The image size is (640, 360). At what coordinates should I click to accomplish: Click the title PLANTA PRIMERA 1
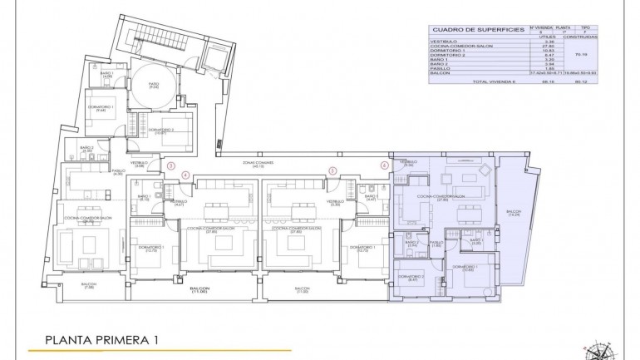tap(100, 339)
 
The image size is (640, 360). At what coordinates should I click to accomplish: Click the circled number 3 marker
tap(170, 165)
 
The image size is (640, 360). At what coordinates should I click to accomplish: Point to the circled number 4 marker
tap(185, 175)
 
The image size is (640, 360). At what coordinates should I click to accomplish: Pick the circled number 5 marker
tap(332, 171)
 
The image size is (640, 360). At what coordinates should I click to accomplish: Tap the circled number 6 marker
tap(384, 165)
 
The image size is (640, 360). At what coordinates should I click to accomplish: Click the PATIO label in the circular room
tap(153, 85)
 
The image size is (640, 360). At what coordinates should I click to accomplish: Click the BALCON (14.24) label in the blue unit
tap(513, 214)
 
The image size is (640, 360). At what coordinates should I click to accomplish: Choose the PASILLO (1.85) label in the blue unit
tap(436, 244)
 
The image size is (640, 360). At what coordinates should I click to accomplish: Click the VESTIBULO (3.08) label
tap(140, 165)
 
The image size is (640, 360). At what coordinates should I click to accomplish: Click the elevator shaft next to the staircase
tap(214, 59)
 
